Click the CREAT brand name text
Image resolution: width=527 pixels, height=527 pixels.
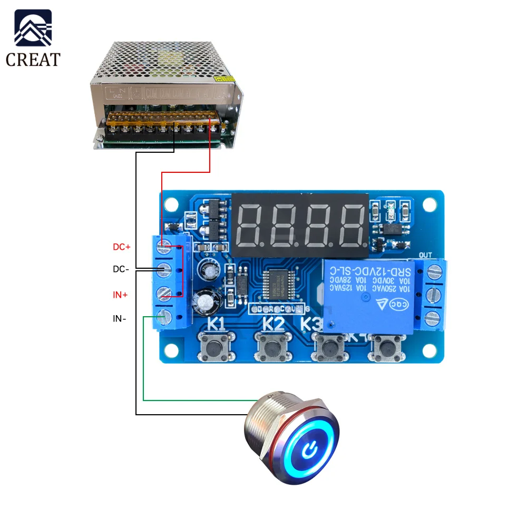coord(33,59)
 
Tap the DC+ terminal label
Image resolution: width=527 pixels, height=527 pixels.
coord(121,247)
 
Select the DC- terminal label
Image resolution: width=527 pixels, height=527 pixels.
coord(121,269)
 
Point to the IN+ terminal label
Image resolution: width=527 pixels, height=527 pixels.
coord(120,295)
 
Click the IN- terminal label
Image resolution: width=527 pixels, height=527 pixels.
coord(120,319)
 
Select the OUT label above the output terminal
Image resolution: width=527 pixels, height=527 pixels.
coord(425,256)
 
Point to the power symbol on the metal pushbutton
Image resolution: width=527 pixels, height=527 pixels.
coord(310,450)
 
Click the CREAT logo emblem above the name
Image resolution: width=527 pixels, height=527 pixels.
coord(33,29)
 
